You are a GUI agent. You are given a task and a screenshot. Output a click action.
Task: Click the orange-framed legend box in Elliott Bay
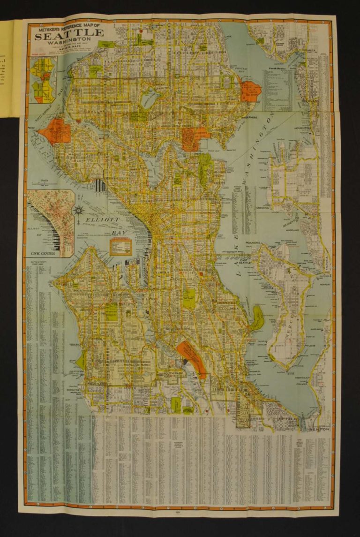coord(120,246)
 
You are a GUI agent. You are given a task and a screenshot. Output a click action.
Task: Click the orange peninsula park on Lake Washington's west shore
coord(249,91)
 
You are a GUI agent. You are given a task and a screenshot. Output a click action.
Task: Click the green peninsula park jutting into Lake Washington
coord(257,318)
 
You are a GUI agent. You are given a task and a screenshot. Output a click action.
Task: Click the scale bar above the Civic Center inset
coord(45,183)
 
